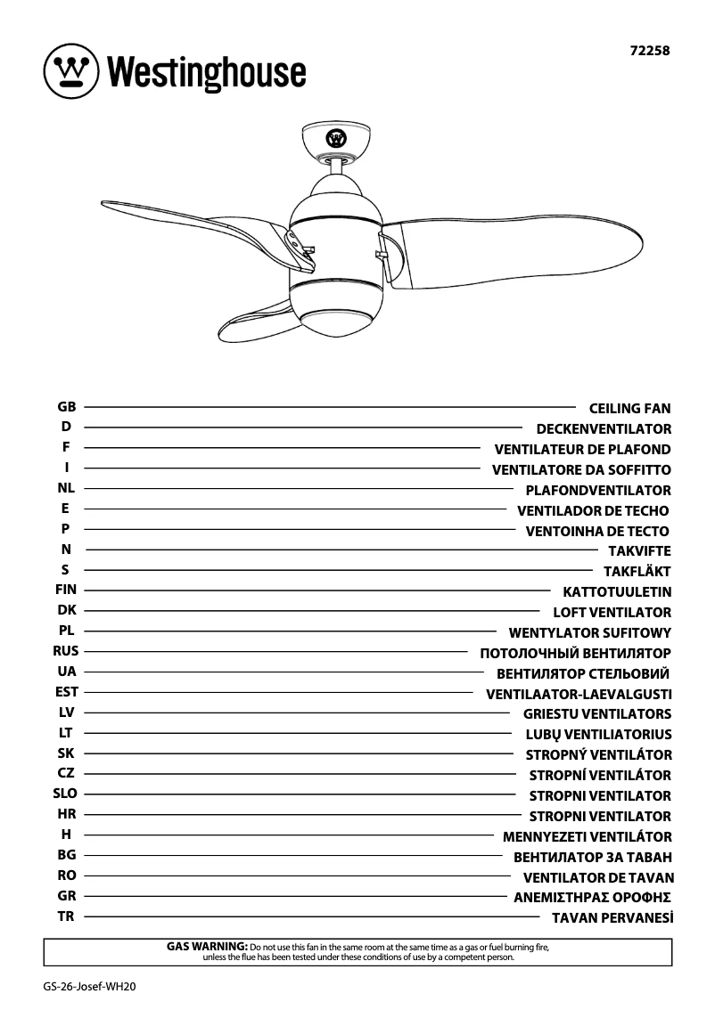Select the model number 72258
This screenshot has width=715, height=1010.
click(650, 51)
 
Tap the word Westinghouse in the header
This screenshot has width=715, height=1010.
click(207, 72)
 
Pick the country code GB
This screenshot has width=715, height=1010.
click(66, 406)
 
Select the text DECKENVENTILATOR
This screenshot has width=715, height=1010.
click(604, 429)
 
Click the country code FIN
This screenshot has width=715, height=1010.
click(66, 590)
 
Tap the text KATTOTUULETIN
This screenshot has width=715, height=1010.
click(617, 592)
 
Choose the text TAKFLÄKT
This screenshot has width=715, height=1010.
click(637, 572)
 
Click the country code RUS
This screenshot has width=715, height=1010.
click(66, 651)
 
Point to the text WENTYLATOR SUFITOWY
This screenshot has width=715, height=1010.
click(589, 633)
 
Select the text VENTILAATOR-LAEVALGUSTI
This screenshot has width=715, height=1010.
click(579, 694)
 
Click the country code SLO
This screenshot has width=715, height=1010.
click(66, 794)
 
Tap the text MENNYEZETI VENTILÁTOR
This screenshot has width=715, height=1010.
click(587, 837)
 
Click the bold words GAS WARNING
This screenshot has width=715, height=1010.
click(207, 945)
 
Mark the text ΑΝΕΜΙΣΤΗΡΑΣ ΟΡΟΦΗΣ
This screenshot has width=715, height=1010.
click(592, 898)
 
